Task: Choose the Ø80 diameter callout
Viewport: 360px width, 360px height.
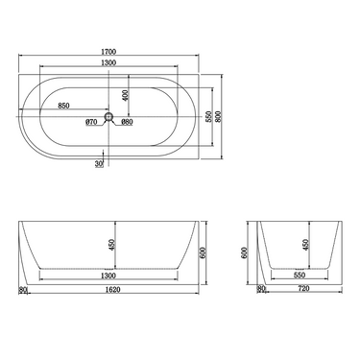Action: [x=128, y=122]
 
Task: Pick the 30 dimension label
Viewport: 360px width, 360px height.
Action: [x=99, y=164]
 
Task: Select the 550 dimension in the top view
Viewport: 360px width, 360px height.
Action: [x=209, y=116]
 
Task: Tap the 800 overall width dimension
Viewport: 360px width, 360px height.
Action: [x=221, y=117]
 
